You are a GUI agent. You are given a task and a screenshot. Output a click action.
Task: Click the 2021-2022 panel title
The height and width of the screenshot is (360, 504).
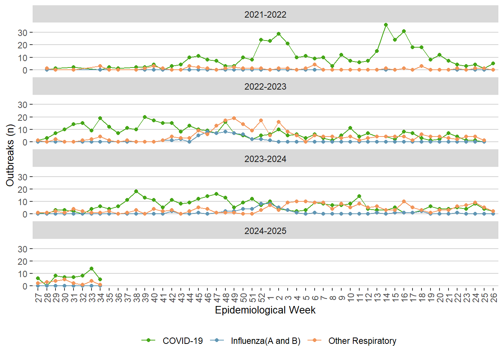(x=265, y=15)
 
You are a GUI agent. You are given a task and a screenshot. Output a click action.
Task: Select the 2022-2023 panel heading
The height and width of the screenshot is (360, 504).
(x=265, y=87)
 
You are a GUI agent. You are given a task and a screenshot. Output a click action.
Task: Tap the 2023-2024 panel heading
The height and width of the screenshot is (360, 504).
(x=265, y=159)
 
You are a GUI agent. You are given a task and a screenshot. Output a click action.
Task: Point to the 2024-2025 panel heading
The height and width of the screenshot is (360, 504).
(x=265, y=231)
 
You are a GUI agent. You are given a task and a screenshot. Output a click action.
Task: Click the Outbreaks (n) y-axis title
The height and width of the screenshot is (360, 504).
(x=10, y=155)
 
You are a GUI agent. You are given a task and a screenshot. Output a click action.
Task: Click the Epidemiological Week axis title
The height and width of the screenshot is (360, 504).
(x=265, y=310)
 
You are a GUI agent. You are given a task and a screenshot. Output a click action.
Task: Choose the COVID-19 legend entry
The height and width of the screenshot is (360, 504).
(x=183, y=341)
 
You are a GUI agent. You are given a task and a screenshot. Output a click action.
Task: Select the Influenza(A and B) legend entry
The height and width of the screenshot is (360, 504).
(x=265, y=341)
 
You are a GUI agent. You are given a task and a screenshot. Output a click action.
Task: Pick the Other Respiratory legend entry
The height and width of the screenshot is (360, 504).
(x=362, y=341)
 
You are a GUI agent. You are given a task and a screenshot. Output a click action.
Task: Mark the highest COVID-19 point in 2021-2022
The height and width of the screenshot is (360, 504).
(x=386, y=25)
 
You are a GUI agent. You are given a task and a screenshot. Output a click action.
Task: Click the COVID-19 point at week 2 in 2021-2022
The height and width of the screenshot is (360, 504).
(x=279, y=34)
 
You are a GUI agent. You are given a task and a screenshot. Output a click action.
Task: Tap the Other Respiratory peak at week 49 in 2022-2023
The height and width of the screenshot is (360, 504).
(x=234, y=118)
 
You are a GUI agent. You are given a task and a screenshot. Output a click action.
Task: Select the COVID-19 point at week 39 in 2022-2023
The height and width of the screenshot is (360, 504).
(x=145, y=117)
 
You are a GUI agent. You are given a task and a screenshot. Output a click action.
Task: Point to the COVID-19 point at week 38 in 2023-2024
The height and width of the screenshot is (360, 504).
(x=136, y=191)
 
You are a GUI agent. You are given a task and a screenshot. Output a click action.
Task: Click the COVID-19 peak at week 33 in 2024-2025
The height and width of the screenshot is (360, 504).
(x=91, y=268)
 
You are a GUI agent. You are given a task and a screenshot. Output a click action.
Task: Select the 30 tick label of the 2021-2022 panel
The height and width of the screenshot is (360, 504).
(x=22, y=33)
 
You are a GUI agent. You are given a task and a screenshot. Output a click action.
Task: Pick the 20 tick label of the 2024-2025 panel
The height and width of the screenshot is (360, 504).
(x=22, y=261)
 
